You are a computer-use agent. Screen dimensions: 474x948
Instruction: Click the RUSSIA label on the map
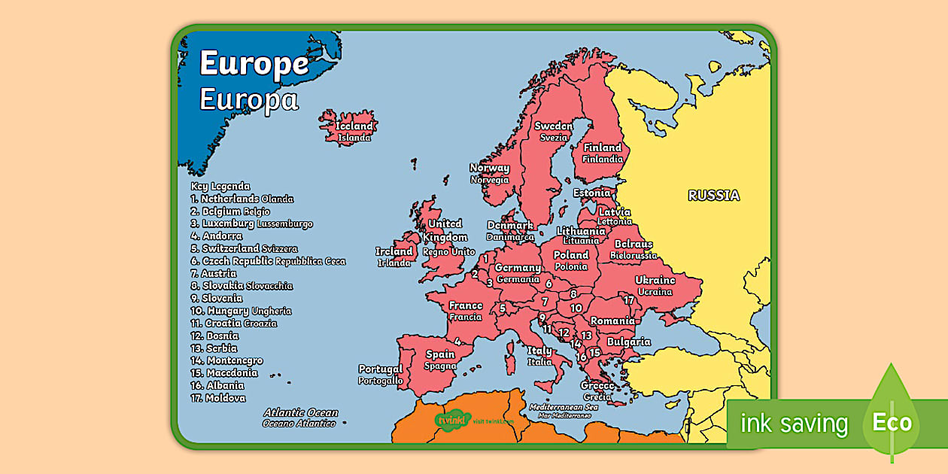pyautogui.click(x=714, y=196)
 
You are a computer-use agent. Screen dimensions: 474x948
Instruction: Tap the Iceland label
pyautogui.click(x=354, y=126)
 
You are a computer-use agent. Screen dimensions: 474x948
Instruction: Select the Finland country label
pyautogui.click(x=603, y=148)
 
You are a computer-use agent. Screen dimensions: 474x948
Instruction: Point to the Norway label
pyautogui.click(x=489, y=169)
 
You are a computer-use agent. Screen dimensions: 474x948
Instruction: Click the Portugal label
pyautogui.click(x=381, y=369)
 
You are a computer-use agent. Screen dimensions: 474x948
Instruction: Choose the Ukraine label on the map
pyautogui.click(x=655, y=281)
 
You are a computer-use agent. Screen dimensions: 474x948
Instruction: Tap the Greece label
pyautogui.click(x=597, y=386)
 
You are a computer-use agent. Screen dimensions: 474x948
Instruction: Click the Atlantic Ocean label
pyautogui.click(x=300, y=413)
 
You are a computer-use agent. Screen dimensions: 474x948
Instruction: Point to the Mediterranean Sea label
pyautogui.click(x=563, y=407)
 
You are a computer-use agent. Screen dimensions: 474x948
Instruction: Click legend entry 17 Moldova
pyautogui.click(x=218, y=398)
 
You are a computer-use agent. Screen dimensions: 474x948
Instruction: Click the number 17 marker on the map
pyautogui.click(x=629, y=300)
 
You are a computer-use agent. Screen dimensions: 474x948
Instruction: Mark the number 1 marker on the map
pyautogui.click(x=486, y=258)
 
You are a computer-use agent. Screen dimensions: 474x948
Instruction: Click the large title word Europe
pyautogui.click(x=254, y=65)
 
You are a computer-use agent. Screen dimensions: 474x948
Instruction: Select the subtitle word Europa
pyautogui.click(x=248, y=100)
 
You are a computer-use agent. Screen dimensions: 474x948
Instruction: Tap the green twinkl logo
pyautogui.click(x=452, y=419)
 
